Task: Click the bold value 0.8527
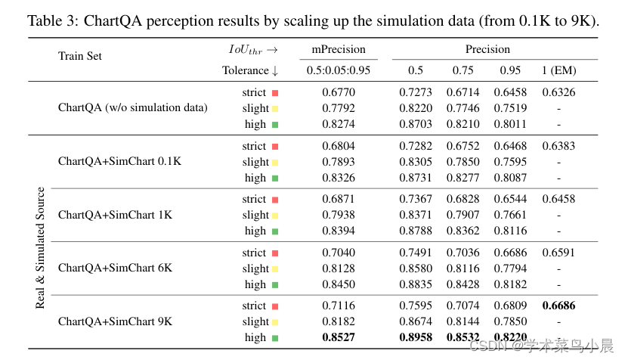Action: pos(339,337)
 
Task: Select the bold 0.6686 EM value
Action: pos(558,306)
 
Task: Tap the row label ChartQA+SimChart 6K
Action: pos(115,268)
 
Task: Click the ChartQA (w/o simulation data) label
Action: pos(132,107)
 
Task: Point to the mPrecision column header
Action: pos(339,50)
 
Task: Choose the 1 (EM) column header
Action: pos(558,70)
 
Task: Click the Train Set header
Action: pos(79,56)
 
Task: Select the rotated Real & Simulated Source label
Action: pos(41,248)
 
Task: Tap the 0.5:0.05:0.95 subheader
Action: pos(339,70)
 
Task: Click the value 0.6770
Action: pos(339,92)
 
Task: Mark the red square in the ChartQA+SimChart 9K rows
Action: pos(275,306)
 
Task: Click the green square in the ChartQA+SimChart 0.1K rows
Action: pos(275,178)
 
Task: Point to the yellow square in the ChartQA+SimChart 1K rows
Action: pos(275,216)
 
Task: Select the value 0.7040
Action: pos(339,253)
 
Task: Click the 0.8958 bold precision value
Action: pos(416,337)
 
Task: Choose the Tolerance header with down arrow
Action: pos(250,70)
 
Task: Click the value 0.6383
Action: pos(558,146)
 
